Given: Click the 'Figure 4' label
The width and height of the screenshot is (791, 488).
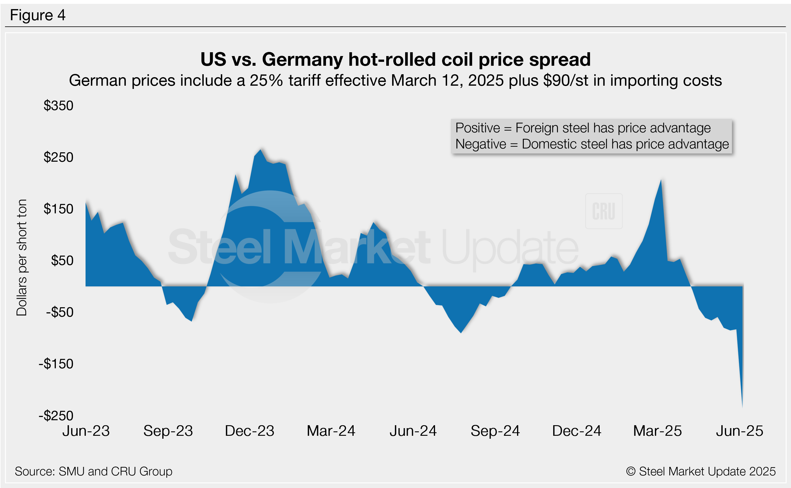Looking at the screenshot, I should [x=38, y=15].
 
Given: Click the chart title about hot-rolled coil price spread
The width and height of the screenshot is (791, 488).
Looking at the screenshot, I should [x=395, y=59].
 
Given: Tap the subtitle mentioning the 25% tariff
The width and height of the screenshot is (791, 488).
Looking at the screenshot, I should [x=395, y=80].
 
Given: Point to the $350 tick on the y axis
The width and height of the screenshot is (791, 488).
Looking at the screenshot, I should [x=58, y=106].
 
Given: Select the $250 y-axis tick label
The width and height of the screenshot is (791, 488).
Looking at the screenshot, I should [x=58, y=157].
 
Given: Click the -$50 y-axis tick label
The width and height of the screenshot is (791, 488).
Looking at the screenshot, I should [x=59, y=312].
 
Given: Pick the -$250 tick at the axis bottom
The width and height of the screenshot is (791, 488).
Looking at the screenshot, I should [x=56, y=416].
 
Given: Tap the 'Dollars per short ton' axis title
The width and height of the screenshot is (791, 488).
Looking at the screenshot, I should [x=22, y=257].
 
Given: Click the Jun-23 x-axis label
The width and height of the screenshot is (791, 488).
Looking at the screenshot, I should [x=86, y=431].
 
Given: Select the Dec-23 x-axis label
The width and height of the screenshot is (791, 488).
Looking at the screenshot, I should [x=250, y=431].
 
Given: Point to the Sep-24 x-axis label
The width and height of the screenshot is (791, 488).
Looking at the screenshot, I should [x=495, y=431].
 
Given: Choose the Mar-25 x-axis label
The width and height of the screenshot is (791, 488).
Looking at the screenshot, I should [x=658, y=431].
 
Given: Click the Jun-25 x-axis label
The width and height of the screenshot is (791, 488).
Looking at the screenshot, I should [x=740, y=431].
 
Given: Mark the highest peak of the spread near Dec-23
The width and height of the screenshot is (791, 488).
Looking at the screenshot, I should [x=260, y=150].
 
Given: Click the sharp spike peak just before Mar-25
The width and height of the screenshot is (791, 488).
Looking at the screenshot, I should [x=661, y=180].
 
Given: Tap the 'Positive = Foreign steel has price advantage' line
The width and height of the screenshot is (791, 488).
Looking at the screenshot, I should [x=583, y=128].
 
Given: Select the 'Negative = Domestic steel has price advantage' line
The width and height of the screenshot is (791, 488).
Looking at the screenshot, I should [x=592, y=144].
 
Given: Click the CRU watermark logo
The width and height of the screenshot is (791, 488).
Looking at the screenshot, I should [x=603, y=211].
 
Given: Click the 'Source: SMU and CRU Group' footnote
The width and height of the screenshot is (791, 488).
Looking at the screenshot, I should [x=93, y=471].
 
